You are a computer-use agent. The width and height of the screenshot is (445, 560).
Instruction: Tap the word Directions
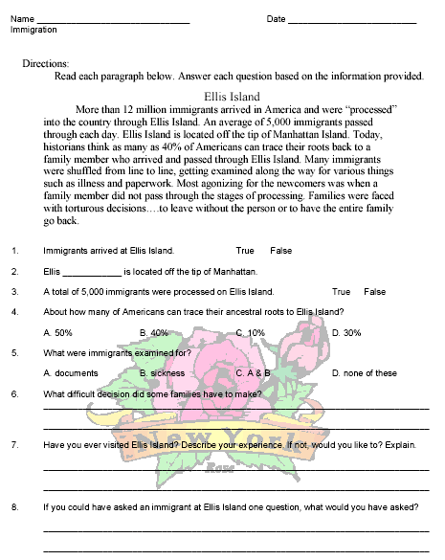pyautogui.click(x=45, y=62)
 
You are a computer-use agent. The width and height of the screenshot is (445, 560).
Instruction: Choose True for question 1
pyautogui.click(x=245, y=251)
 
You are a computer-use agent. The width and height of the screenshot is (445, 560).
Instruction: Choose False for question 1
pyautogui.click(x=281, y=251)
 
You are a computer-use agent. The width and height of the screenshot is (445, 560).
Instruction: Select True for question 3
pyautogui.click(x=342, y=291)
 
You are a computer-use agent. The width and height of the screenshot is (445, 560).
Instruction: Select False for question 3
pyautogui.click(x=375, y=291)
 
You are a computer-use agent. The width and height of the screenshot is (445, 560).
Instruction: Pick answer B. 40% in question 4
pyautogui.click(x=153, y=332)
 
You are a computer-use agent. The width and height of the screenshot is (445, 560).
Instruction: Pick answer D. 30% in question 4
pyautogui.click(x=345, y=332)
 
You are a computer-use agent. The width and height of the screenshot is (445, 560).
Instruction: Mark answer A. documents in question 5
pyautogui.click(x=71, y=373)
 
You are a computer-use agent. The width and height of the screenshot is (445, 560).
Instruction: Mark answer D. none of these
pyautogui.click(x=364, y=373)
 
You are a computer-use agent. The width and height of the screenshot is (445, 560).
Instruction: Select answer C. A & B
pyautogui.click(x=253, y=373)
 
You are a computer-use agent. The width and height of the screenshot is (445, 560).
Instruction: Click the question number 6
pyautogui.click(x=14, y=393)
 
